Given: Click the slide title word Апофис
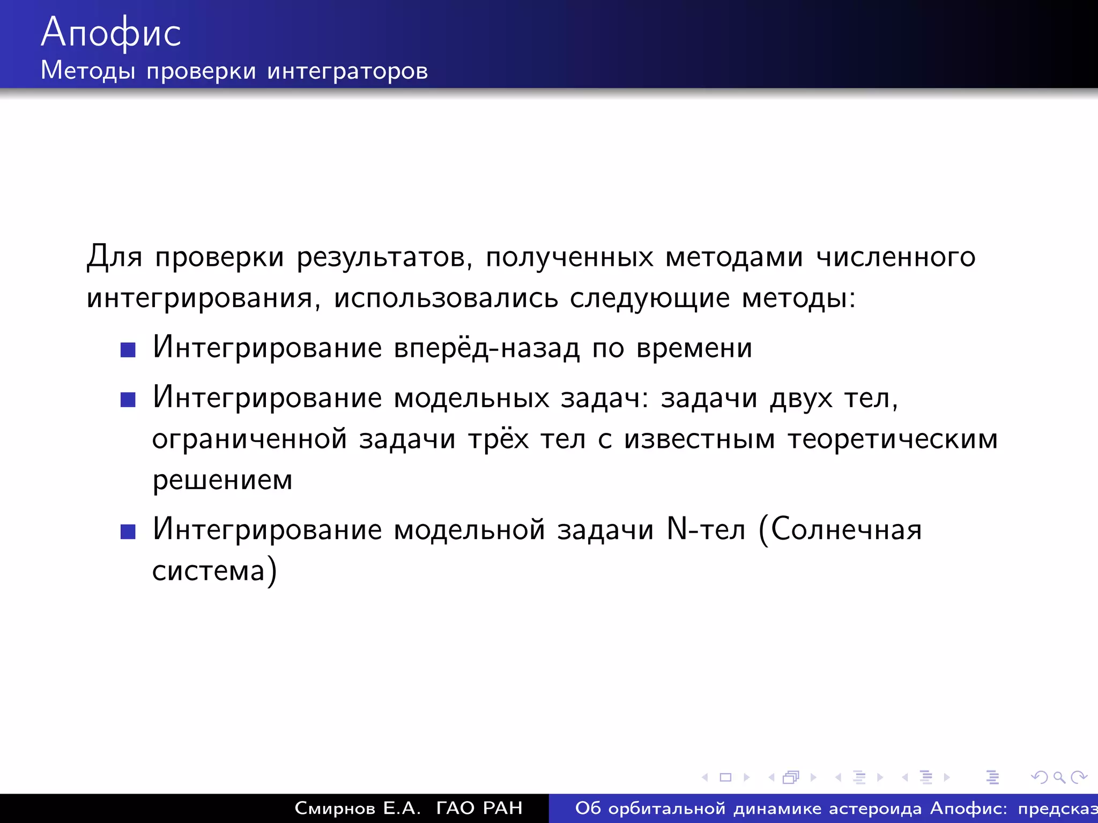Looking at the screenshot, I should [x=111, y=33].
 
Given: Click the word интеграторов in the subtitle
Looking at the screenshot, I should [x=347, y=71].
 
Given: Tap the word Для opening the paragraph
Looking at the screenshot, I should [x=114, y=257].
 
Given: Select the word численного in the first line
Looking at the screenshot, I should [x=895, y=257].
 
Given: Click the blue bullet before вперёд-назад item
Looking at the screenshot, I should [x=128, y=350].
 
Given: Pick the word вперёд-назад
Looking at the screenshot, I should [x=487, y=348].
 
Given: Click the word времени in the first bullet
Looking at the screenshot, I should [x=694, y=348].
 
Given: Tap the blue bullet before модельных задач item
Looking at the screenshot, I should [x=128, y=400].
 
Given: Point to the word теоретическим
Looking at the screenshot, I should [x=893, y=439].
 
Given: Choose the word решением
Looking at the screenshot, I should [x=222, y=480].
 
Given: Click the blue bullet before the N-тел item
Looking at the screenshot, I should [x=128, y=532].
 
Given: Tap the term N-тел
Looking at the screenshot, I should [x=706, y=529].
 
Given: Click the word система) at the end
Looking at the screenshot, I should [x=214, y=571].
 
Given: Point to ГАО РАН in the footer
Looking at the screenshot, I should [x=479, y=808].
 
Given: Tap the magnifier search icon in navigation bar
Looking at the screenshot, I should [x=1059, y=777].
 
